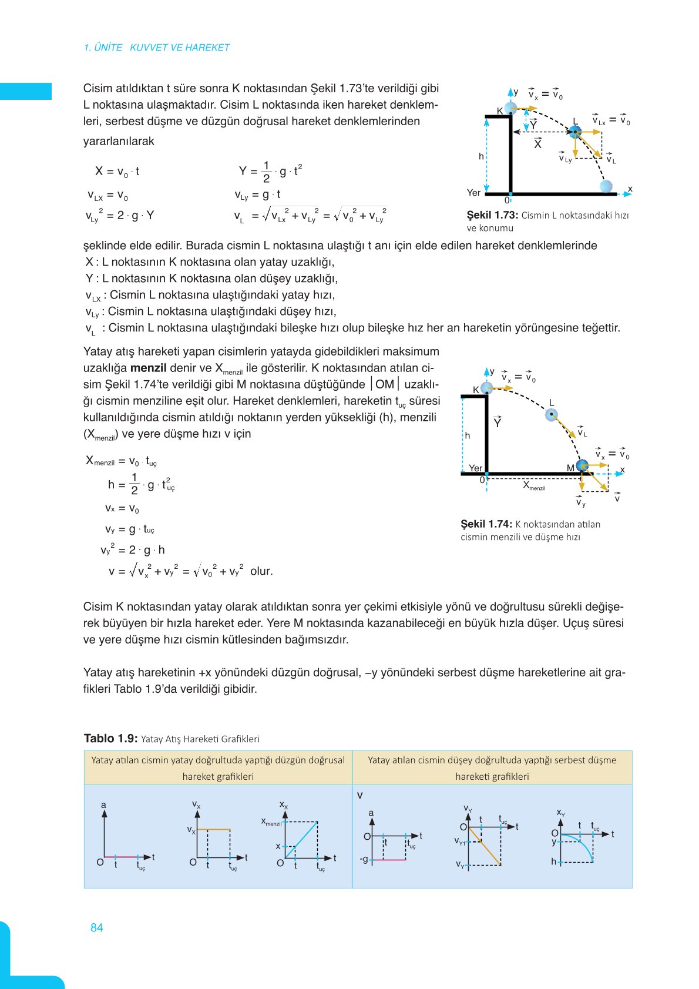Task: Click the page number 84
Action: point(97,927)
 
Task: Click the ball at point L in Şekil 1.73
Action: point(575,132)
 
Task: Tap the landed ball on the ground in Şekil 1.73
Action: point(606,186)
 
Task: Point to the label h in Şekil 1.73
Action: point(481,156)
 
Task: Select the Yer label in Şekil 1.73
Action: point(473,193)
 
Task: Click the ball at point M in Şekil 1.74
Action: point(582,466)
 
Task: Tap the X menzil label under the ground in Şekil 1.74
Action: point(534,486)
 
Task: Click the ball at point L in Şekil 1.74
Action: point(551,415)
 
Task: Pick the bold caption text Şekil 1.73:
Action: point(492,215)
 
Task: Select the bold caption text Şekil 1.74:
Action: point(486,524)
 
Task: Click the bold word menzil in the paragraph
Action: point(148,368)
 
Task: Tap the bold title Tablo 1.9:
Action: point(111,739)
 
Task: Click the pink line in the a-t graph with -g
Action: point(389,860)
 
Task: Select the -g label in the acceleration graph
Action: point(364,859)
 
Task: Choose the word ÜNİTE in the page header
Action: point(107,48)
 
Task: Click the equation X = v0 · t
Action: point(117,172)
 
